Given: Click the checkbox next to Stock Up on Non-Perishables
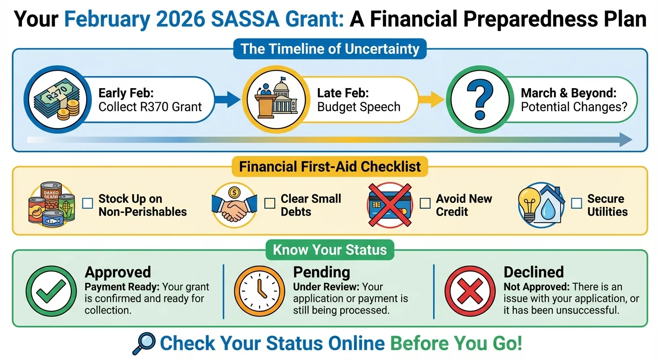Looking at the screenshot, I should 88,203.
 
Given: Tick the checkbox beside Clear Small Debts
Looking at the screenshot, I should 270,203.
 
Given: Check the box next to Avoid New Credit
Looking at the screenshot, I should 425,203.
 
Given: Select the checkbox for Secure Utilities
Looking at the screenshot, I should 576,203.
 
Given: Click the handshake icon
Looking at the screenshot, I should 234,205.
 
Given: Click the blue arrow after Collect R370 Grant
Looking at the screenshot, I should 227,99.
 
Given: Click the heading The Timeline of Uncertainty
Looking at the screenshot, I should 330,49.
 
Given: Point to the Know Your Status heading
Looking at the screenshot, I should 330,249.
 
